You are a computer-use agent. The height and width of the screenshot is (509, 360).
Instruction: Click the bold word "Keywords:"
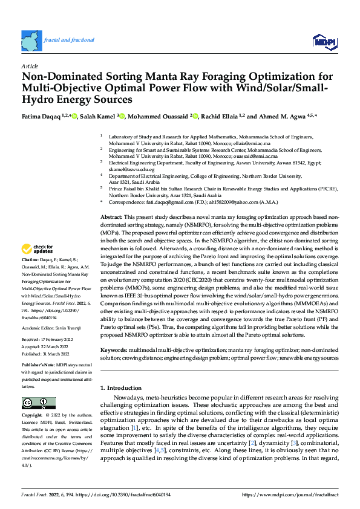pyautogui.click(x=114, y=350)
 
